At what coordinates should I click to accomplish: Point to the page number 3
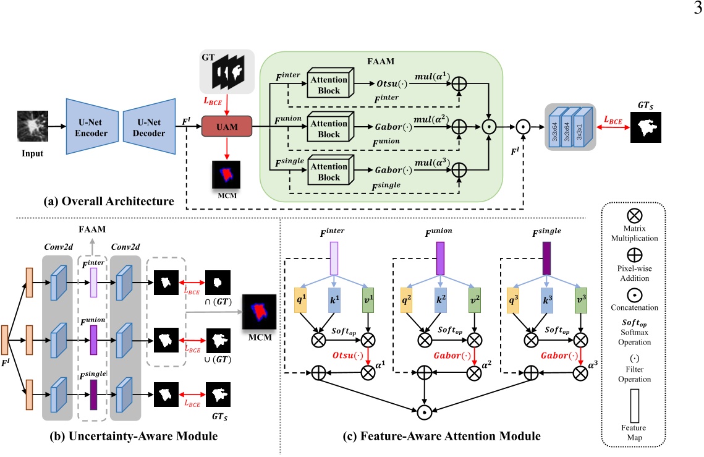click(x=697, y=8)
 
